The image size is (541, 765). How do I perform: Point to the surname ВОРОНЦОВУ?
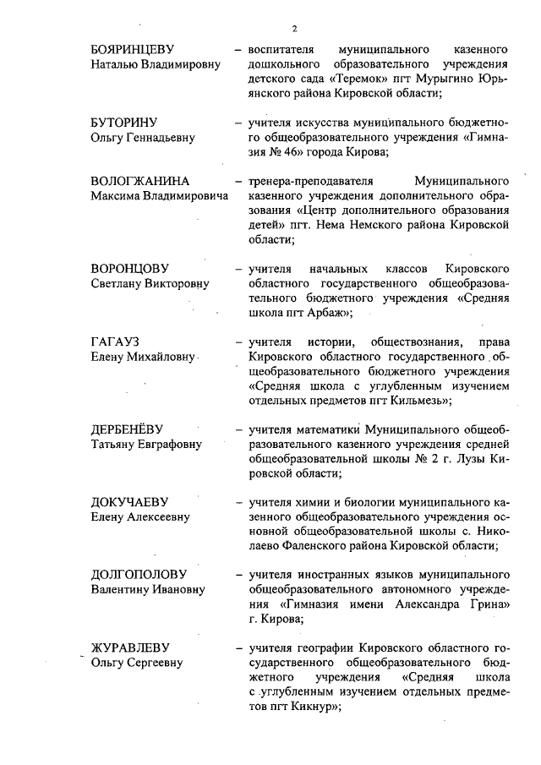tap(134, 268)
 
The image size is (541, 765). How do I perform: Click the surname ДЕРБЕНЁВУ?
tap(133, 429)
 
